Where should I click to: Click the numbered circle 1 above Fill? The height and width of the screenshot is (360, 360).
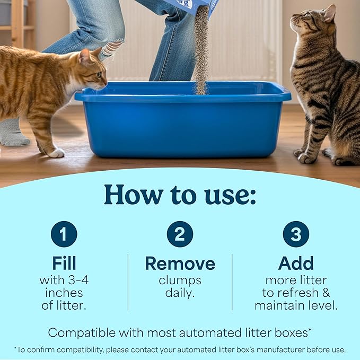64,234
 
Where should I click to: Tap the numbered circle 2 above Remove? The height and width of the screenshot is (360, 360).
180,234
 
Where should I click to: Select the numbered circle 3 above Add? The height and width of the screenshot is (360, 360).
296,234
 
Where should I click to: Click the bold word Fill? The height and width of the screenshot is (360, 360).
64,264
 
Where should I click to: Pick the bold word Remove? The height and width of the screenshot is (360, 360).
180,264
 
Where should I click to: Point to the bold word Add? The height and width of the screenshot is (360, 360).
296,264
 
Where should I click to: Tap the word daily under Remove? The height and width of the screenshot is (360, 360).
179,293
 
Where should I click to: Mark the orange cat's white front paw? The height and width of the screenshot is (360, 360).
56,153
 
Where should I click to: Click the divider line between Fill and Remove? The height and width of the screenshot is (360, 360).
128,282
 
